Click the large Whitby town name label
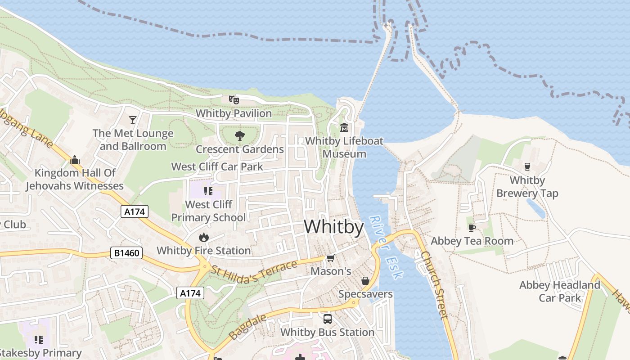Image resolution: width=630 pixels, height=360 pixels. (333, 227)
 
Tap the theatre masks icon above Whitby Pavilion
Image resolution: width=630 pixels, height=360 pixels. (234, 99)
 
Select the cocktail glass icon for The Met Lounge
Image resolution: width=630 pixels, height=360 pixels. (133, 120)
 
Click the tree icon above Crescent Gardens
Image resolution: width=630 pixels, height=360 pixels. (239, 135)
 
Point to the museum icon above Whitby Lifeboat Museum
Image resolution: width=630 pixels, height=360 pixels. (344, 128)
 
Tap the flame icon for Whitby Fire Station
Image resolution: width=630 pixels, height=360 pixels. (204, 237)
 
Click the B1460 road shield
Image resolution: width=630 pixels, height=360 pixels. (126, 253)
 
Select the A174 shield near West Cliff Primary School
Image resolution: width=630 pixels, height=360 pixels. (135, 211)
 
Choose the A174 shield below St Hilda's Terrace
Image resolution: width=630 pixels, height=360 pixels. (190, 293)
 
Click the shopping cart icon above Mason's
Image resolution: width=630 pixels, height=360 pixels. (331, 258)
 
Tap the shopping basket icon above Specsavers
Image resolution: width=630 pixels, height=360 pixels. (365, 281)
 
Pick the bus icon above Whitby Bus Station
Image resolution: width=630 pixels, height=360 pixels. (328, 319)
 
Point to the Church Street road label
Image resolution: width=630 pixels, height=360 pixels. (435, 284)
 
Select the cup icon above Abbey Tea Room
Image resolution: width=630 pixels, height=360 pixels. (472, 227)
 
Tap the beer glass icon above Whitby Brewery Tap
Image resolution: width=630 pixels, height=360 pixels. (527, 166)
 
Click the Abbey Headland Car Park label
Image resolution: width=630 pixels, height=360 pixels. (560, 291)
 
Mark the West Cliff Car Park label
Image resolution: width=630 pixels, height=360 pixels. (217, 166)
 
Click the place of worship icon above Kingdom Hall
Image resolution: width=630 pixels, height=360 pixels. (75, 159)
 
